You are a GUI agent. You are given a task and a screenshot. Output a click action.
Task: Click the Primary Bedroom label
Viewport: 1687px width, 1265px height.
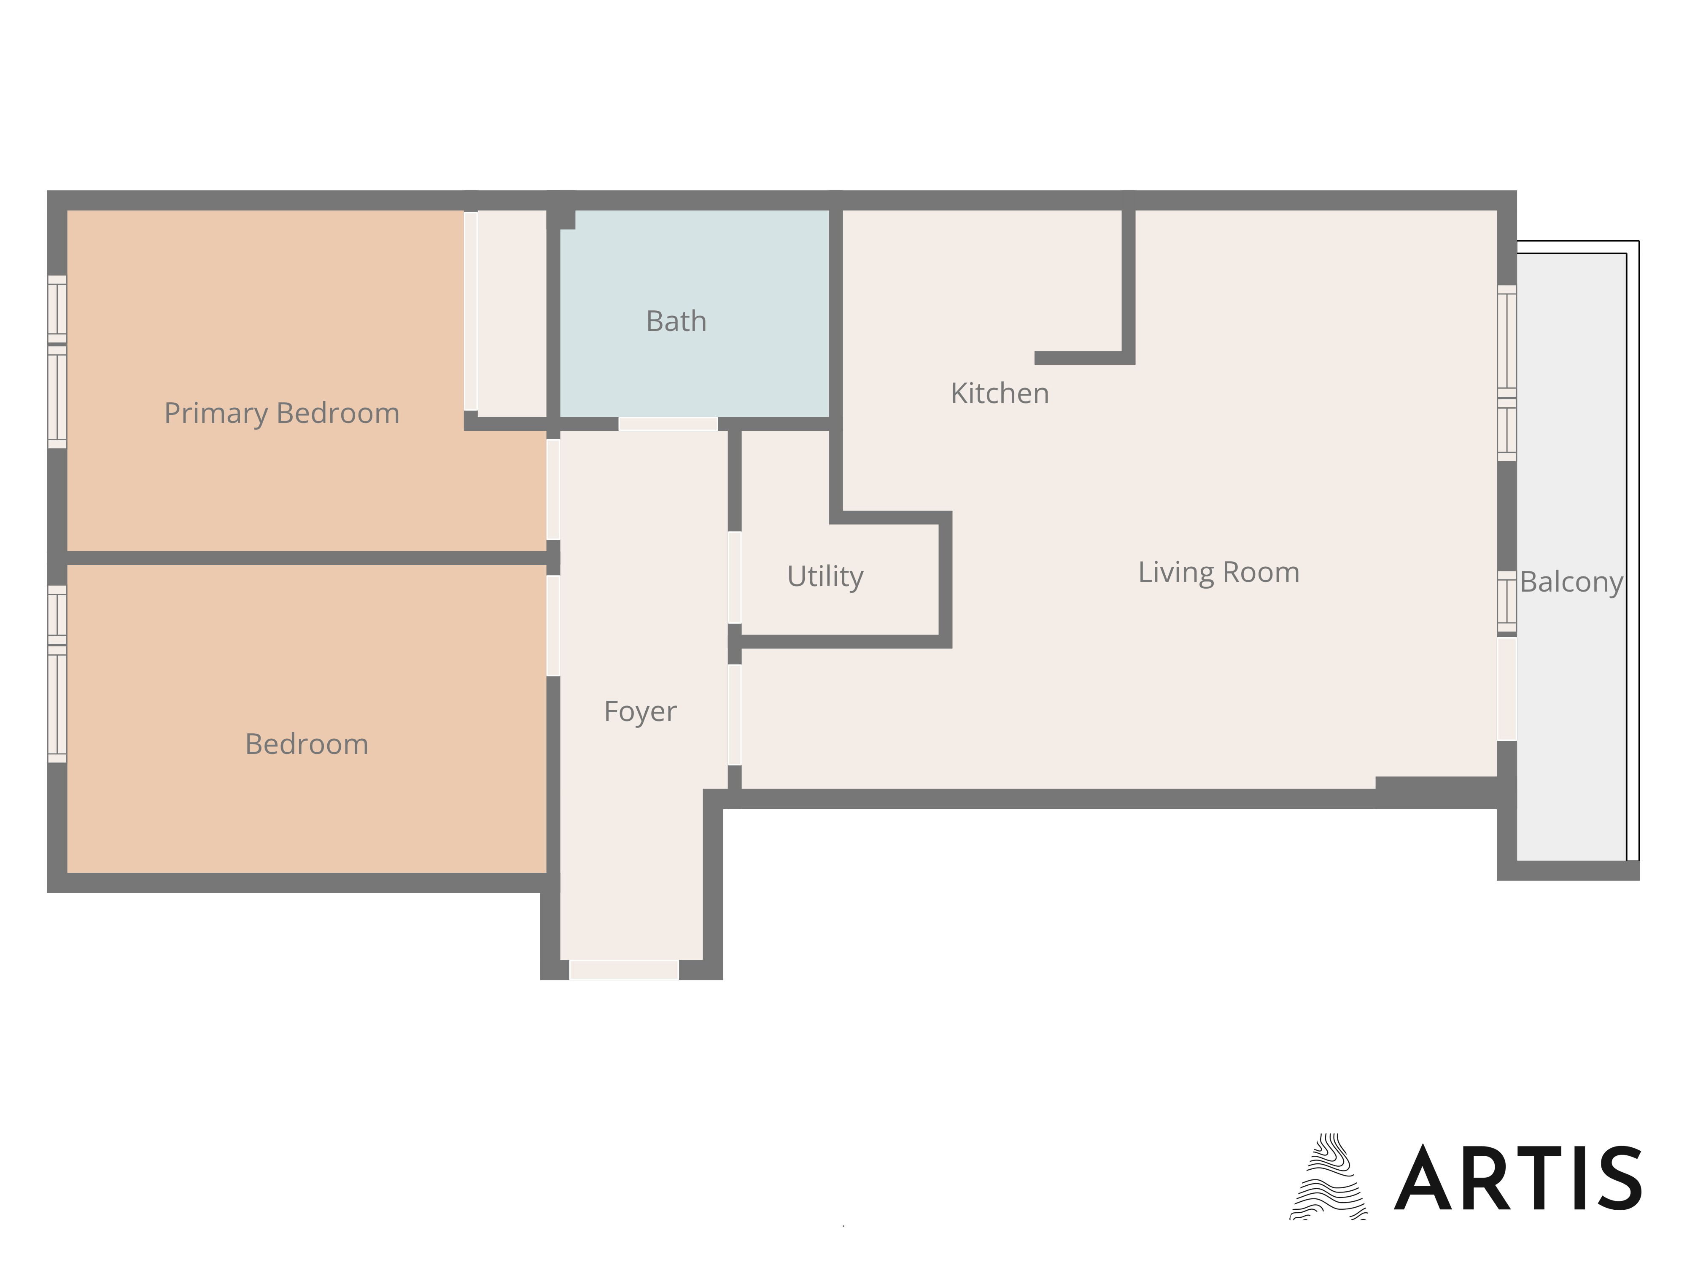tap(281, 413)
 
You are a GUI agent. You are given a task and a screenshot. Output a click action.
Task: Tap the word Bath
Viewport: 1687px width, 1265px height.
tap(676, 321)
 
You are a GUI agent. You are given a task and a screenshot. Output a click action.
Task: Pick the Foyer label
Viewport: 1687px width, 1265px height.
tap(640, 711)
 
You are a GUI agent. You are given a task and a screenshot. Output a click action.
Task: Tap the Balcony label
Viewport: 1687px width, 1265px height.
tap(1571, 582)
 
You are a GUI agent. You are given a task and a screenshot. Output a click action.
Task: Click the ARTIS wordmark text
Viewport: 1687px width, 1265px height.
tap(1518, 1178)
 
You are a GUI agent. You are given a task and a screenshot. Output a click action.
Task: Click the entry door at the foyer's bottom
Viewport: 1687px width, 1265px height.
tap(624, 970)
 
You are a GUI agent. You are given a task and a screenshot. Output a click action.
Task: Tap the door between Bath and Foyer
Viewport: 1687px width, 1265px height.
tap(668, 424)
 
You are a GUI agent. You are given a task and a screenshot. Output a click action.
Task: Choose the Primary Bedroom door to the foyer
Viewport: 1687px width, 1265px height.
tap(553, 490)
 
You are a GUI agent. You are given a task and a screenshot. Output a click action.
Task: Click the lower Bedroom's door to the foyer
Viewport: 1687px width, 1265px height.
tap(553, 625)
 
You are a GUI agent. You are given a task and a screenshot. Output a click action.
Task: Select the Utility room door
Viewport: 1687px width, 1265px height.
tap(734, 577)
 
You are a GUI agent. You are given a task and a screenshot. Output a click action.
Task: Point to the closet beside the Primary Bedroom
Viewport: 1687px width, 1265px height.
tap(511, 313)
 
